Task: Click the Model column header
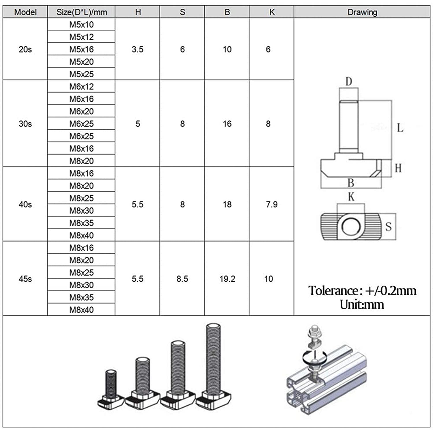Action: pyautogui.click(x=25, y=12)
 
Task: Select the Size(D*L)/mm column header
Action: pyautogui.click(x=81, y=12)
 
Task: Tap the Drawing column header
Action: pyautogui.click(x=362, y=12)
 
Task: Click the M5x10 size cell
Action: pyautogui.click(x=81, y=25)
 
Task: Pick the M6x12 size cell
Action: pyautogui.click(x=81, y=87)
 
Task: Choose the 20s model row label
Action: pyautogui.click(x=25, y=49)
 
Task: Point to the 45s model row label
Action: pyautogui.click(x=25, y=279)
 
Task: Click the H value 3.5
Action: pyautogui.click(x=138, y=49)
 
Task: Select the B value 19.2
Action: pyautogui.click(x=227, y=279)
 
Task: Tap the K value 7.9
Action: pyautogui.click(x=272, y=204)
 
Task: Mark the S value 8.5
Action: pyautogui.click(x=182, y=279)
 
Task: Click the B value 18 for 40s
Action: pyautogui.click(x=227, y=204)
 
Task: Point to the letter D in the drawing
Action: pyautogui.click(x=349, y=82)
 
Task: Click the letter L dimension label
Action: pyautogui.click(x=400, y=128)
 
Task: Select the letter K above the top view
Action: pyautogui.click(x=351, y=197)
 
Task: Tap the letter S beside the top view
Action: pyautogui.click(x=389, y=227)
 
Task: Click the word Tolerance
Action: pyautogui.click(x=333, y=291)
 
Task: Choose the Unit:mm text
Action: pyautogui.click(x=362, y=305)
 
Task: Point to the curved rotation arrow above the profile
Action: pyautogui.click(x=315, y=357)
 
